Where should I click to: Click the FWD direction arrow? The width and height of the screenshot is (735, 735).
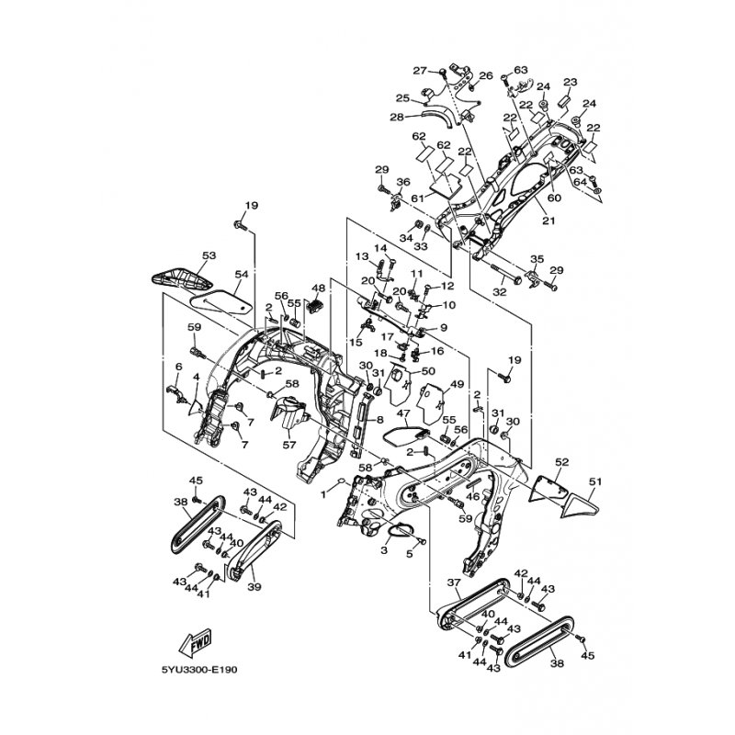click(198, 641)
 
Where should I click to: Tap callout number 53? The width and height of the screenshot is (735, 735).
click(209, 255)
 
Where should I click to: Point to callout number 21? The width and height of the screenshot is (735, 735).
click(548, 221)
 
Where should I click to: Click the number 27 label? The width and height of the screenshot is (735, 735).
click(421, 71)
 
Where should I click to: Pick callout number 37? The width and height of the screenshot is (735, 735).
click(453, 583)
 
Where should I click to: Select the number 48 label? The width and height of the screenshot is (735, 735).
click(319, 288)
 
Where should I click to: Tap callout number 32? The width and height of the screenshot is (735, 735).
click(500, 291)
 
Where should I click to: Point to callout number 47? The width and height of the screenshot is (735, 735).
click(401, 415)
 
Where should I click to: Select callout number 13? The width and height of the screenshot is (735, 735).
click(361, 256)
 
